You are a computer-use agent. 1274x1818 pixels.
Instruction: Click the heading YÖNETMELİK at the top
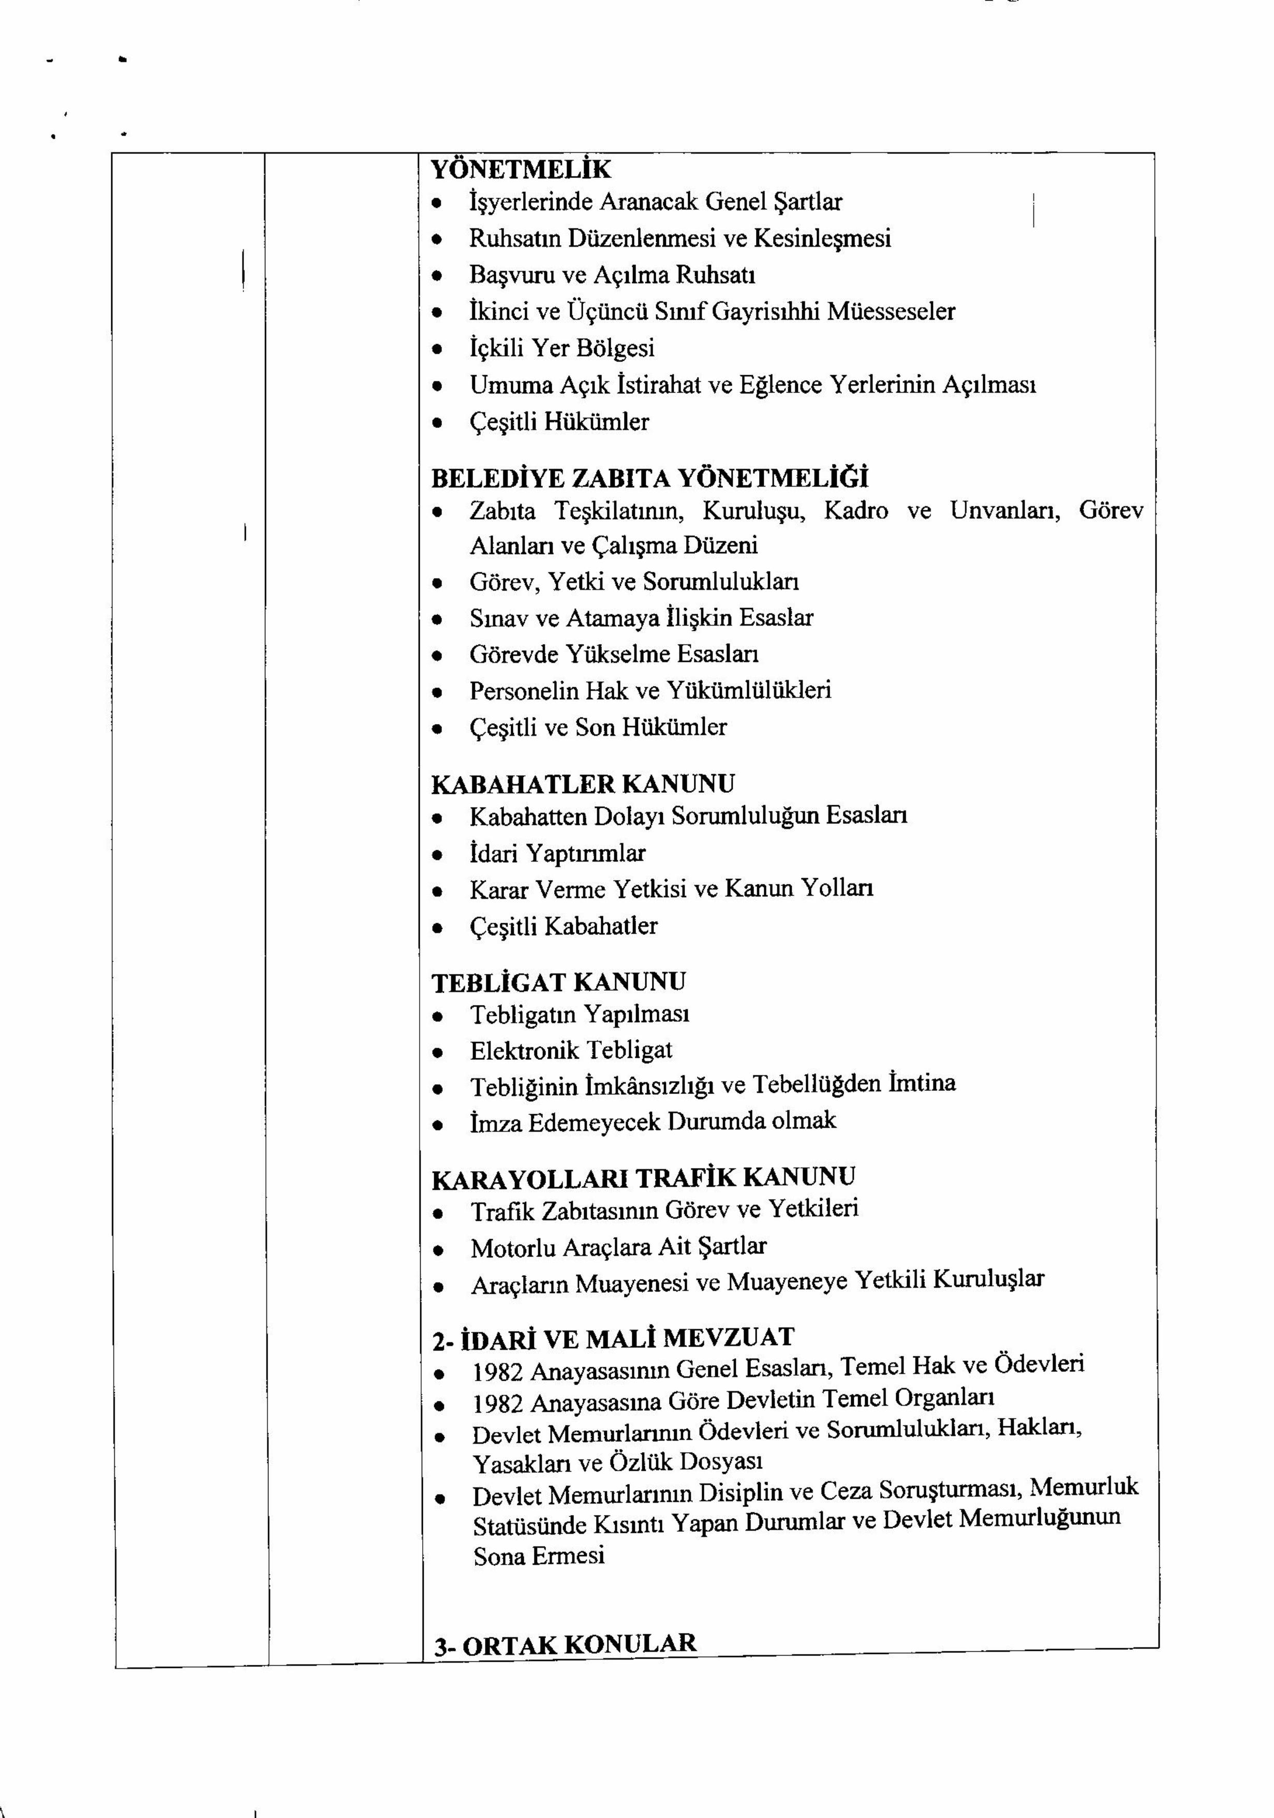point(520,169)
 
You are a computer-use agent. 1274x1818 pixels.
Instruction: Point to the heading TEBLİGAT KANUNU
point(558,982)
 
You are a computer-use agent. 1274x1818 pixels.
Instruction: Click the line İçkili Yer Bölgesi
point(561,348)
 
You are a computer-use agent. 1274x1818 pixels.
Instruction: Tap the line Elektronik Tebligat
point(570,1050)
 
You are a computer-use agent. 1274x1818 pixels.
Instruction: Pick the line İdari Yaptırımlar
point(557,853)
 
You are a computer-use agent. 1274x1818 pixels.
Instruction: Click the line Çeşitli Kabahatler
point(563,926)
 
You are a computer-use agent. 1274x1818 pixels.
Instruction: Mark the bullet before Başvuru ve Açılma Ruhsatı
point(436,275)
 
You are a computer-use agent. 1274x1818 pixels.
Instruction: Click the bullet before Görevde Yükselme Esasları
point(436,655)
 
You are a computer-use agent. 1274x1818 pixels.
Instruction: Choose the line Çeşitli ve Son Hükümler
point(598,727)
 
